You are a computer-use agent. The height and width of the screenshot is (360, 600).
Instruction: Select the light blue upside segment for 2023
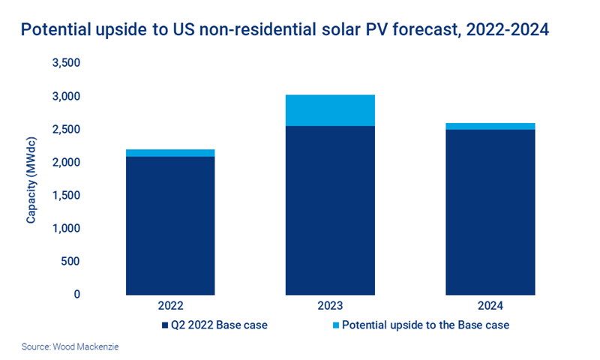pos(330,110)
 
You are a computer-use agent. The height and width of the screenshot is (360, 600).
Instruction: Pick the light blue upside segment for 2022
pos(170,153)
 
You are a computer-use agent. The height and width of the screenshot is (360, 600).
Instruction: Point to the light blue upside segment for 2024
pos(490,126)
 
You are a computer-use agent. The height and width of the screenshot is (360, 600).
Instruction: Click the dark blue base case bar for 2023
pos(330,210)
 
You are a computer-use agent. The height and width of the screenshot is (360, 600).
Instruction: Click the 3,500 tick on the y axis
pos(66,64)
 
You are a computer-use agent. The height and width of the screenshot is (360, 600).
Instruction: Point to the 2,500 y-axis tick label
pos(66,130)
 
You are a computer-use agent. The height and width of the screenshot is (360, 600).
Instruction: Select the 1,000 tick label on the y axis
pos(66,228)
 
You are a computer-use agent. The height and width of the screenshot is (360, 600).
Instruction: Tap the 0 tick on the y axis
pos(76,294)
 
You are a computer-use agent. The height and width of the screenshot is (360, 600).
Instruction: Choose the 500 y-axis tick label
pos(70,261)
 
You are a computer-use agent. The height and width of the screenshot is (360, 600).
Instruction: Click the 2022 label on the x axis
pos(170,307)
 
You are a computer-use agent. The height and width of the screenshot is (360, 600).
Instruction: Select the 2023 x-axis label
pos(330,307)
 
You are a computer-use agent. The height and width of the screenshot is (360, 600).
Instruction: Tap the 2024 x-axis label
pos(490,307)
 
